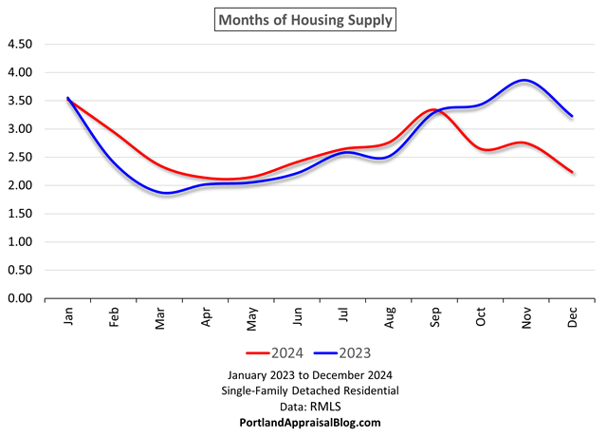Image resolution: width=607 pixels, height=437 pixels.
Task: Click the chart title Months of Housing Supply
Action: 303,19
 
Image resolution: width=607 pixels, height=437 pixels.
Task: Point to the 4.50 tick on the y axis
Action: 20,45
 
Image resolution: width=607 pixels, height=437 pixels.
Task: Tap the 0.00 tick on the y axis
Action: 20,298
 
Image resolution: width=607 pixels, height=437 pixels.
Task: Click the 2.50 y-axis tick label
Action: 20,158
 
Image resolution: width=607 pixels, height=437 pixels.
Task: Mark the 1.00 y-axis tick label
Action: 20,242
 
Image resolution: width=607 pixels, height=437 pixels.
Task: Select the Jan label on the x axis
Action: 68,316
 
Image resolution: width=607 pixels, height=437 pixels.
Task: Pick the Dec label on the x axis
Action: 573,316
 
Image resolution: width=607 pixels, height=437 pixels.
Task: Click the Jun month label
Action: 298,316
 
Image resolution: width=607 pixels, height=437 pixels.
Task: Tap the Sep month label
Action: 435,316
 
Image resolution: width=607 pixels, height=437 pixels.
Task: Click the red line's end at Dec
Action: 572,172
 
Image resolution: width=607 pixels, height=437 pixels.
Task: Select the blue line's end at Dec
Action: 572,116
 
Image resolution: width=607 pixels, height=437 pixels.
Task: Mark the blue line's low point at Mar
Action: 165,193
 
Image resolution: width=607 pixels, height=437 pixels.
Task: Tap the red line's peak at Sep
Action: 432,109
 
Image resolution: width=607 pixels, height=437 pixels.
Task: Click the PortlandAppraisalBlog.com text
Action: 303,421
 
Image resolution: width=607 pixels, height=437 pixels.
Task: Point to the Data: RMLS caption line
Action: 303,405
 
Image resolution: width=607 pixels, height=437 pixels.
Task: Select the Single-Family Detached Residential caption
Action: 303,389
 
